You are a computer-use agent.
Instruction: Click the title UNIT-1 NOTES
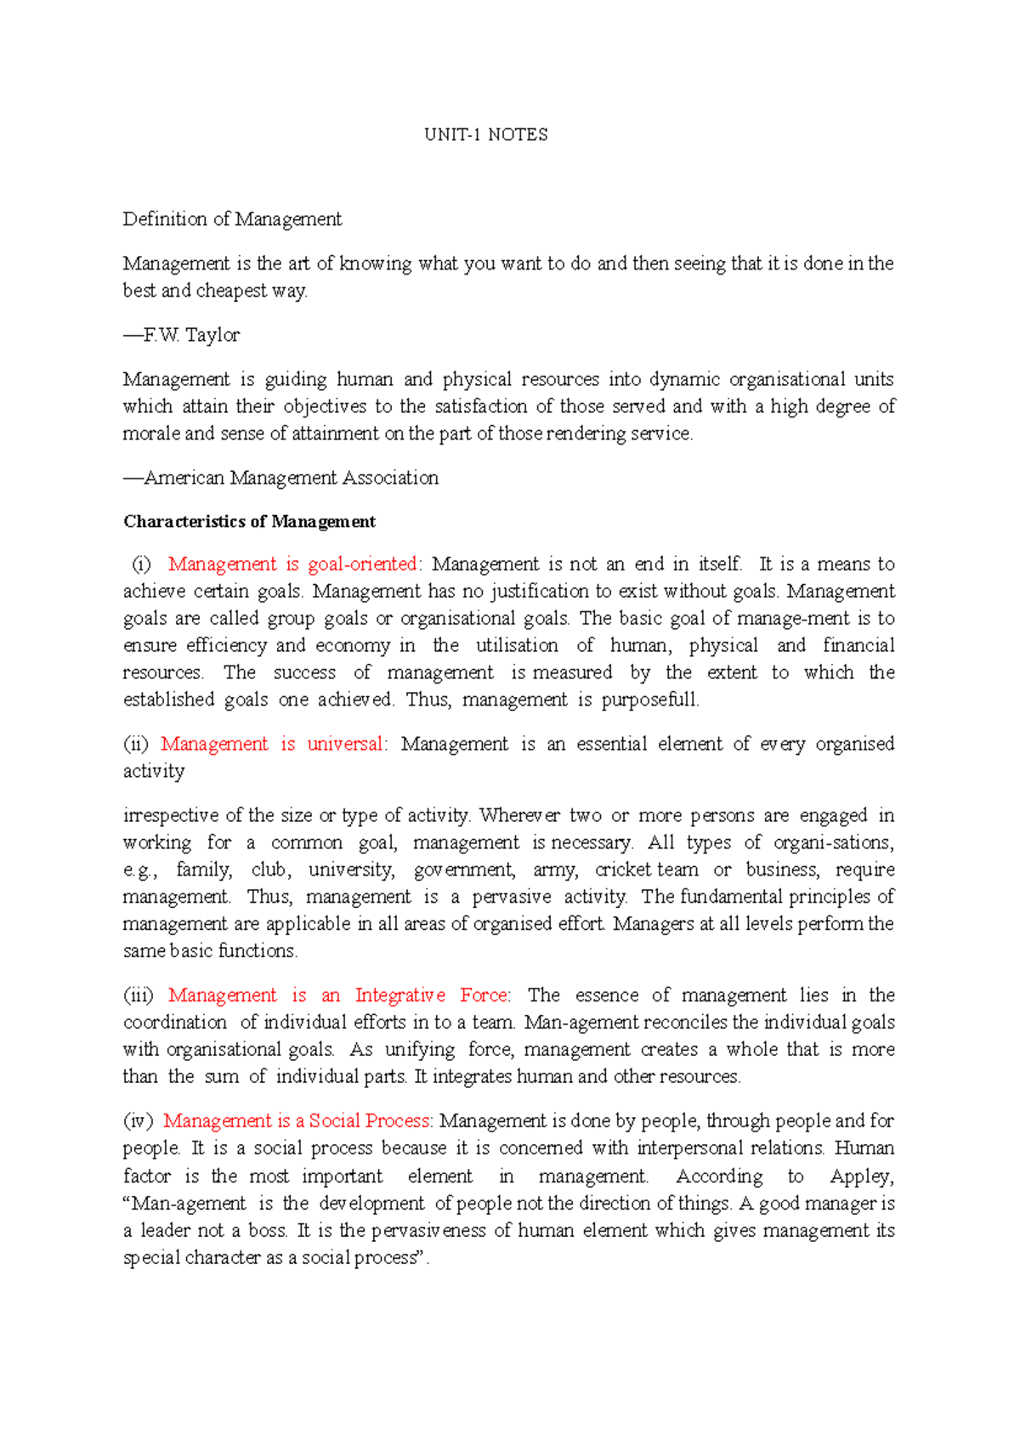(486, 134)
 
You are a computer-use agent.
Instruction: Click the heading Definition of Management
(232, 219)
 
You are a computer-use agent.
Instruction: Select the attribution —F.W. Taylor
(181, 335)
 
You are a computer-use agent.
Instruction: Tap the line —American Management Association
(280, 478)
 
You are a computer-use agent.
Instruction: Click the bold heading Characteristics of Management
(249, 521)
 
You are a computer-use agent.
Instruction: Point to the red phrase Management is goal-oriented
(292, 564)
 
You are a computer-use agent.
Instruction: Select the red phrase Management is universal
(272, 744)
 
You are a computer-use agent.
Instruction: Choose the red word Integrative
(399, 995)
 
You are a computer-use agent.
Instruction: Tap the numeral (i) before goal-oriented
(141, 564)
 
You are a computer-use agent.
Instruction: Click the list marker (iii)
(138, 995)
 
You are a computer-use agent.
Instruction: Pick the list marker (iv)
(137, 1121)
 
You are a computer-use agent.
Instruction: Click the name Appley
(861, 1176)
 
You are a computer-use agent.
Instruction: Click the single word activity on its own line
(154, 771)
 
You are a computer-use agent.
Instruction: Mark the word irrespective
(171, 816)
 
